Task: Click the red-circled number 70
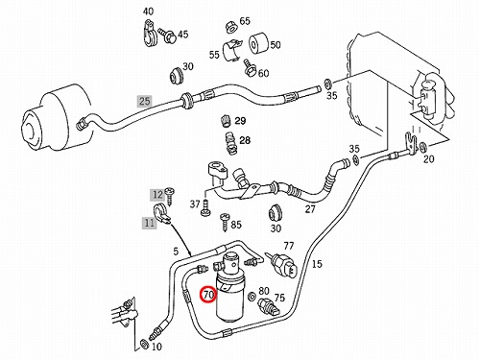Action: coord(208,295)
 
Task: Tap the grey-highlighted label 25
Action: coord(144,101)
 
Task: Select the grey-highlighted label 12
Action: coord(157,195)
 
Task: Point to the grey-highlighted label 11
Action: coord(149,223)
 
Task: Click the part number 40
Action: coord(148,12)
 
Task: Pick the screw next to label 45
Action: coord(168,35)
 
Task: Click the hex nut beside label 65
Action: coord(231,26)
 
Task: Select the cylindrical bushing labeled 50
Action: coord(258,43)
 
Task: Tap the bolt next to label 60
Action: coord(249,67)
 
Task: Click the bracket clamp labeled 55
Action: coord(231,51)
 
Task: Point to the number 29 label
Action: coord(240,121)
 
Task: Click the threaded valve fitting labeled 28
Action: coord(228,143)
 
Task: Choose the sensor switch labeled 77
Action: coord(283,265)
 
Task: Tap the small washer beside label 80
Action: coord(252,297)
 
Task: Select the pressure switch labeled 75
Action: coord(269,306)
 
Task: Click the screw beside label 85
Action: coord(225,222)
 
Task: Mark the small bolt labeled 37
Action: coord(205,207)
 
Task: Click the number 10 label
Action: coord(156,347)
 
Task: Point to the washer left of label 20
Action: coord(422,147)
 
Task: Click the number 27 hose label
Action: coord(310,209)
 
